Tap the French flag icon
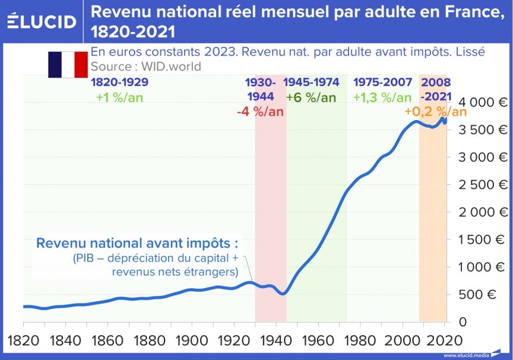coord(68,65)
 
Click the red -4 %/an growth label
coord(259,111)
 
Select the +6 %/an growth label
coord(311,97)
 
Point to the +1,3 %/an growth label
coord(382,97)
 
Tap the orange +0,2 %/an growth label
coord(435,112)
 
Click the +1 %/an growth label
coord(119,97)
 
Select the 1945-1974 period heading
coord(312,83)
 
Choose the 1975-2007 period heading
coord(382,83)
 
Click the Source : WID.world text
coord(146,66)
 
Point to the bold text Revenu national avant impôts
coord(137,244)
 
